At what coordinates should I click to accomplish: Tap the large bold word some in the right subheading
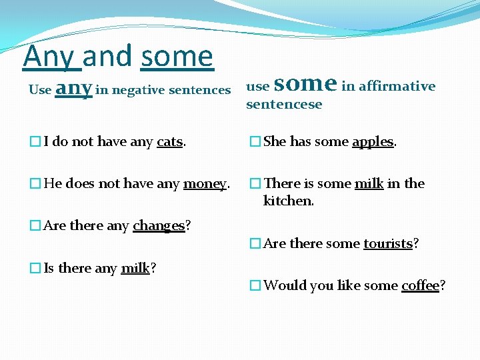click(x=305, y=84)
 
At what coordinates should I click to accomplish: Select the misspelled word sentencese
click(x=284, y=104)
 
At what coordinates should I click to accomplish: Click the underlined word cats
click(x=169, y=141)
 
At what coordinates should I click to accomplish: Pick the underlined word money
click(x=205, y=183)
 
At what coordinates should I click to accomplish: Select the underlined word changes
click(x=158, y=226)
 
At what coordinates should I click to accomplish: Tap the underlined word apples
click(x=373, y=141)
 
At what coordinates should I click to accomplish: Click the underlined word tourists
click(x=388, y=244)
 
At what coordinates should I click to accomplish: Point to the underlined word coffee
click(x=420, y=286)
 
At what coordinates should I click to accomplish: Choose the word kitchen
click(x=287, y=201)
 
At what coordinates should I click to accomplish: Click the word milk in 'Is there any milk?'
click(x=135, y=269)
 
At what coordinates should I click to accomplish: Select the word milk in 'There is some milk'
click(x=369, y=183)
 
